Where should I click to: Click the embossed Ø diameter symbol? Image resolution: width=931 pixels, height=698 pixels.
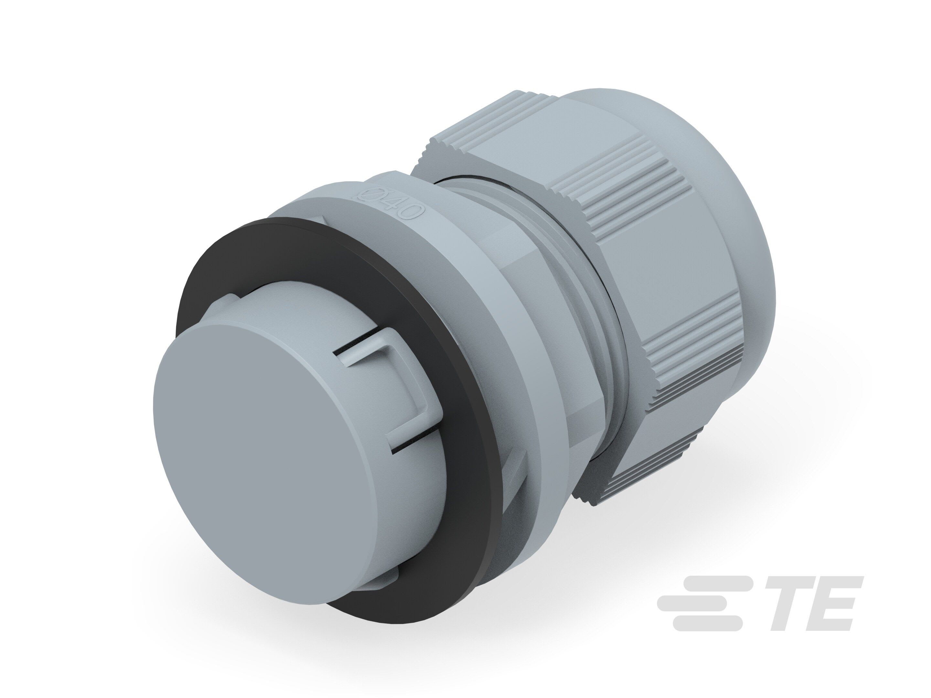point(365,195)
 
